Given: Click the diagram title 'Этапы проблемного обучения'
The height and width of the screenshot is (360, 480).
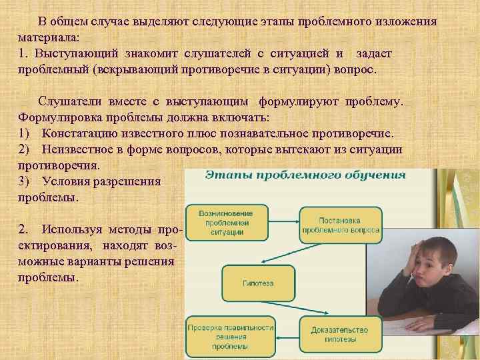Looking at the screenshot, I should [295, 175].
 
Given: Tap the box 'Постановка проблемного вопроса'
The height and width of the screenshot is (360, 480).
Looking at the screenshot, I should [340, 225].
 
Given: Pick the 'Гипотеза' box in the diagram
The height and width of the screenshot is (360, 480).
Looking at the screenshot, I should [257, 283].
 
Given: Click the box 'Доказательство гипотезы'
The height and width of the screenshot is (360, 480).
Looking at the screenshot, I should [340, 333].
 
